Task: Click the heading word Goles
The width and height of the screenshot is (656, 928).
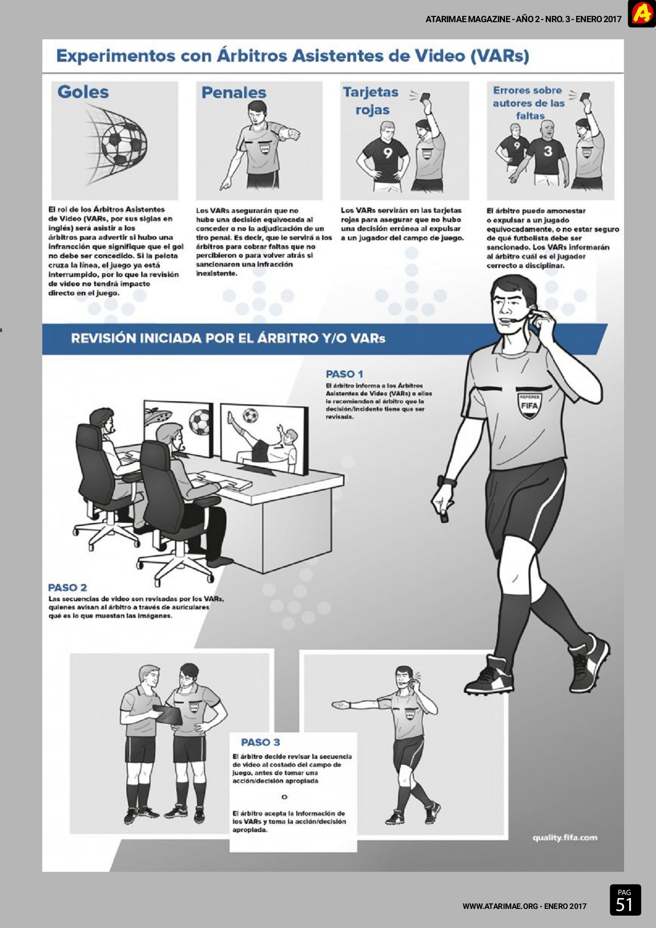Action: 83,92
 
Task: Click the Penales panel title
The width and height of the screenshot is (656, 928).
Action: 234,93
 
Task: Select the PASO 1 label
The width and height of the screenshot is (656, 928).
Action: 344,374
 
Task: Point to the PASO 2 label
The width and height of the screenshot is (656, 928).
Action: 68,587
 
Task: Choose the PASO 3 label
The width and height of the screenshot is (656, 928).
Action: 260,742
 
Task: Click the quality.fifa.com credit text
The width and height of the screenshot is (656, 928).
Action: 565,837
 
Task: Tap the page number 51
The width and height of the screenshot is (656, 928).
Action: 624,904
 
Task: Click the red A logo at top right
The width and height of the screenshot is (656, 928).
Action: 642,14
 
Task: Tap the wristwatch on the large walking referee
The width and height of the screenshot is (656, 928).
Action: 447,482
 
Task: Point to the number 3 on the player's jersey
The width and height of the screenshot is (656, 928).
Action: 548,151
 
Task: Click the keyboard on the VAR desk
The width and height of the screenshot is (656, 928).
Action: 225,480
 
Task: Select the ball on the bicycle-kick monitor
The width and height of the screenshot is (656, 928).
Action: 250,416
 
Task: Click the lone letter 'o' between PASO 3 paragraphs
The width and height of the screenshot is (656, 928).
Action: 284,797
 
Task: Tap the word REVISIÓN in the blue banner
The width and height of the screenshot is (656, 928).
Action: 103,338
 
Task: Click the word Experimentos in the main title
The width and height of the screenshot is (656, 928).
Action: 116,56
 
